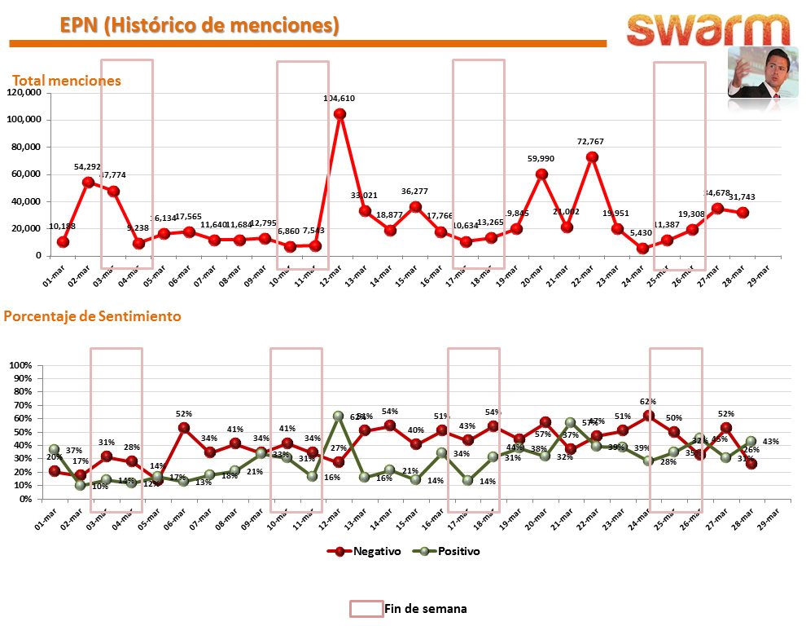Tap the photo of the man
tap(763, 73)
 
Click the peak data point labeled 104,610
tap(339, 114)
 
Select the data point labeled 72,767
tap(593, 157)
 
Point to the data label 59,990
tap(541, 159)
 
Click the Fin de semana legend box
tap(366, 608)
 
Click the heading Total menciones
tap(66, 81)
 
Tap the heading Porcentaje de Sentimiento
tap(93, 315)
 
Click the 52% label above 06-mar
tap(183, 414)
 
